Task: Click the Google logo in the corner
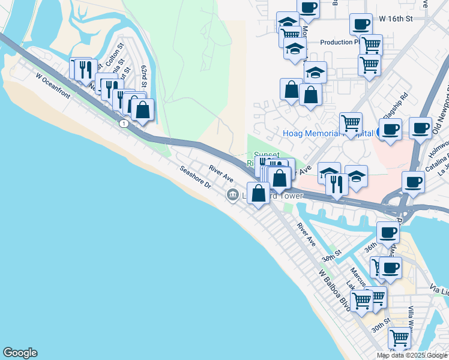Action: (20, 353)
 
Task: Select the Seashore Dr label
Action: (196, 177)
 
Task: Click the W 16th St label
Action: (397, 19)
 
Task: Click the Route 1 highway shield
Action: (123, 123)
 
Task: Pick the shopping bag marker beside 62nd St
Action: (142, 110)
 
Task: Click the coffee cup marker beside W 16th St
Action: (361, 25)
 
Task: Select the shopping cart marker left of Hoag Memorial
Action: (351, 124)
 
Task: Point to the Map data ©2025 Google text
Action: (412, 355)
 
